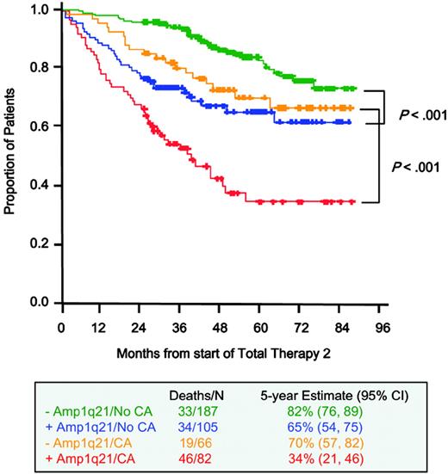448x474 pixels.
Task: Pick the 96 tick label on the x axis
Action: (x=382, y=328)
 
